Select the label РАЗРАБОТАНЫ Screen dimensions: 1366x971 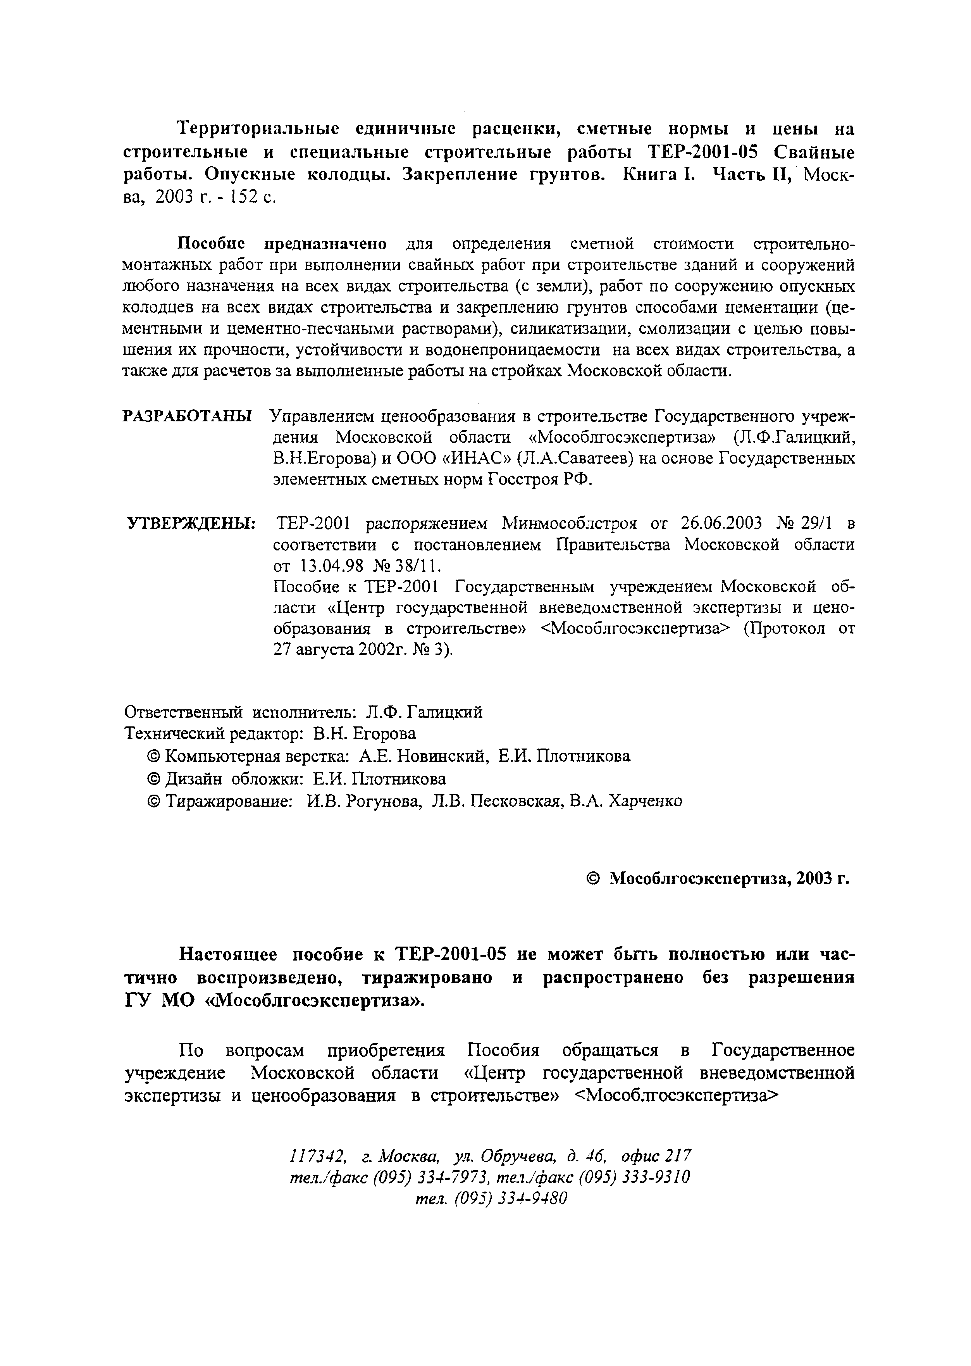[187, 416]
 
